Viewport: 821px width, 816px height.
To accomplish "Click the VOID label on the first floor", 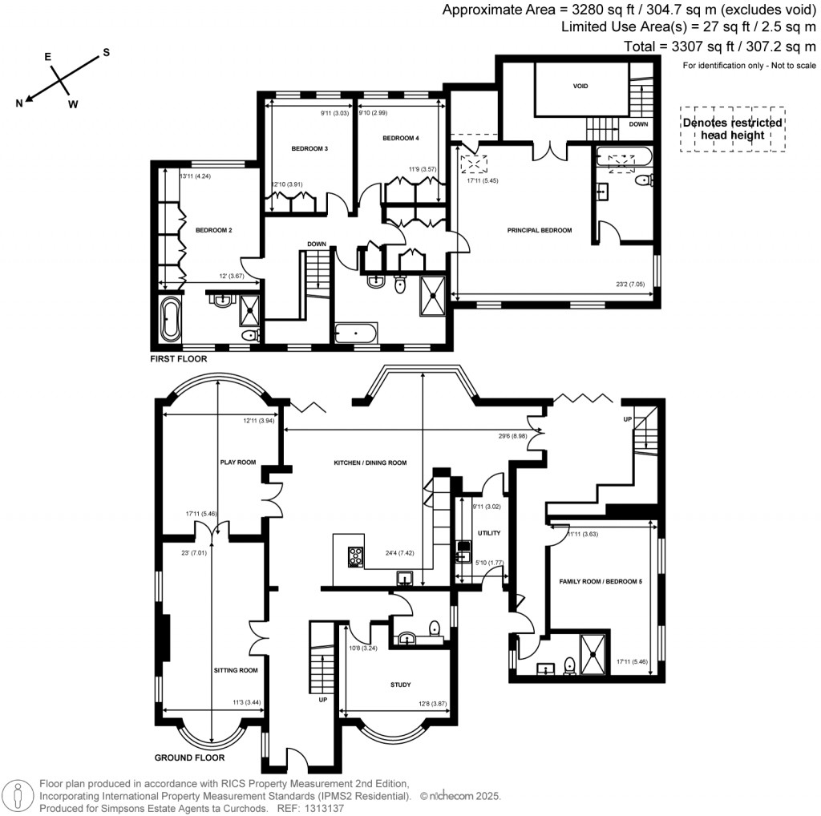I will (580, 86).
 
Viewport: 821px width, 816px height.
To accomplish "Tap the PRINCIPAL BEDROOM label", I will (540, 230).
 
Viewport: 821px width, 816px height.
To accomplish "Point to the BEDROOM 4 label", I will (400, 138).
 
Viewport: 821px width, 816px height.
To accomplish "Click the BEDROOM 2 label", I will (213, 230).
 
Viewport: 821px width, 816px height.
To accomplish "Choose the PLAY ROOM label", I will (237, 462).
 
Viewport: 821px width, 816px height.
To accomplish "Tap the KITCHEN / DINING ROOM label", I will (370, 463).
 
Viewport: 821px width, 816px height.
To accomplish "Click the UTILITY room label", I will (488, 532).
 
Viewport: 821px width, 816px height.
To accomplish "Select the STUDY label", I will (401, 685).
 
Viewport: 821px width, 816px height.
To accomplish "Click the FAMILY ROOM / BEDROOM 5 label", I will (601, 580).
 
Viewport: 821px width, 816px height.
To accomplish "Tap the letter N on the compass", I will (18, 102).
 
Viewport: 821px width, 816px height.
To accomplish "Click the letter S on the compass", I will (105, 54).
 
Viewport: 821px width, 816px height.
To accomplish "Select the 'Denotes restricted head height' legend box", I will (732, 129).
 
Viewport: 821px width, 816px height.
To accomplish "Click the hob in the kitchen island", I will (355, 555).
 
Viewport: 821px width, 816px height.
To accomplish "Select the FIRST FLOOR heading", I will (179, 359).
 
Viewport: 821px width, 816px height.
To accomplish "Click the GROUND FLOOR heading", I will (191, 757).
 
